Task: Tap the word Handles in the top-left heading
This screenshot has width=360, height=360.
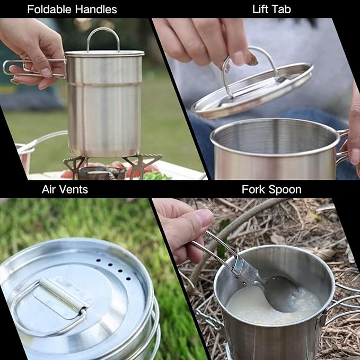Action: point(96,10)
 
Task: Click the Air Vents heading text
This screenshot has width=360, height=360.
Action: point(65,189)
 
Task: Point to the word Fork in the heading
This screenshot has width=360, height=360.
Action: point(253,189)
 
